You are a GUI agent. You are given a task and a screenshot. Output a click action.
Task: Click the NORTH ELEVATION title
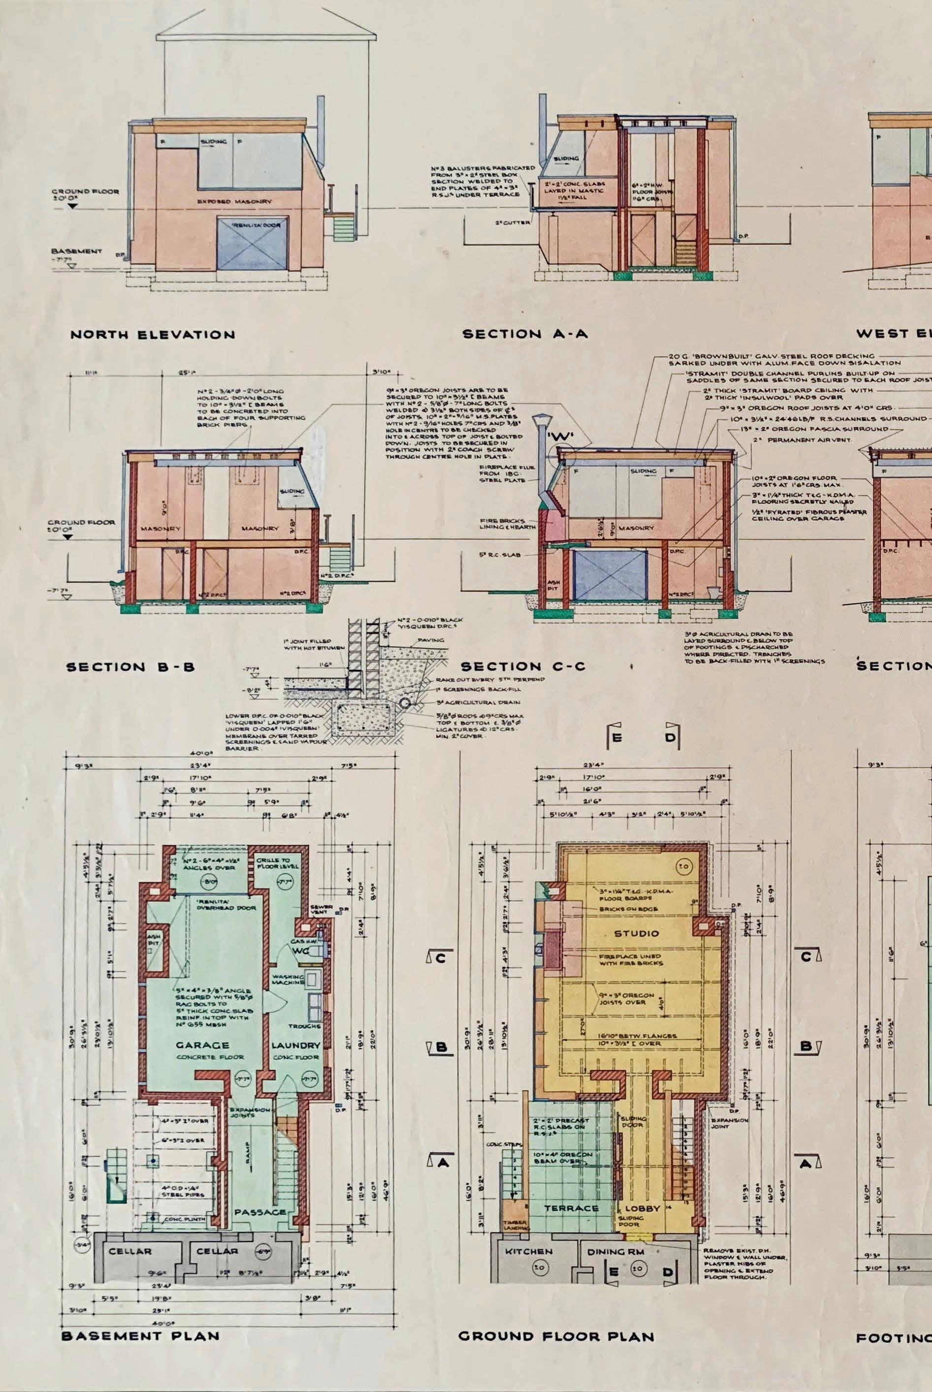pyautogui.click(x=152, y=335)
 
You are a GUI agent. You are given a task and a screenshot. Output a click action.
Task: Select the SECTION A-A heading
pyautogui.click(x=525, y=334)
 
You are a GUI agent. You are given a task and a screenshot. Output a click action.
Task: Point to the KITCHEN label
pyautogui.click(x=528, y=1251)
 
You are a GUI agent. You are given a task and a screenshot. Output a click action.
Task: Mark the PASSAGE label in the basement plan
pyautogui.click(x=260, y=1212)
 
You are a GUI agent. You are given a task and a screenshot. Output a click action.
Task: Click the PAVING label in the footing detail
pyautogui.click(x=431, y=640)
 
